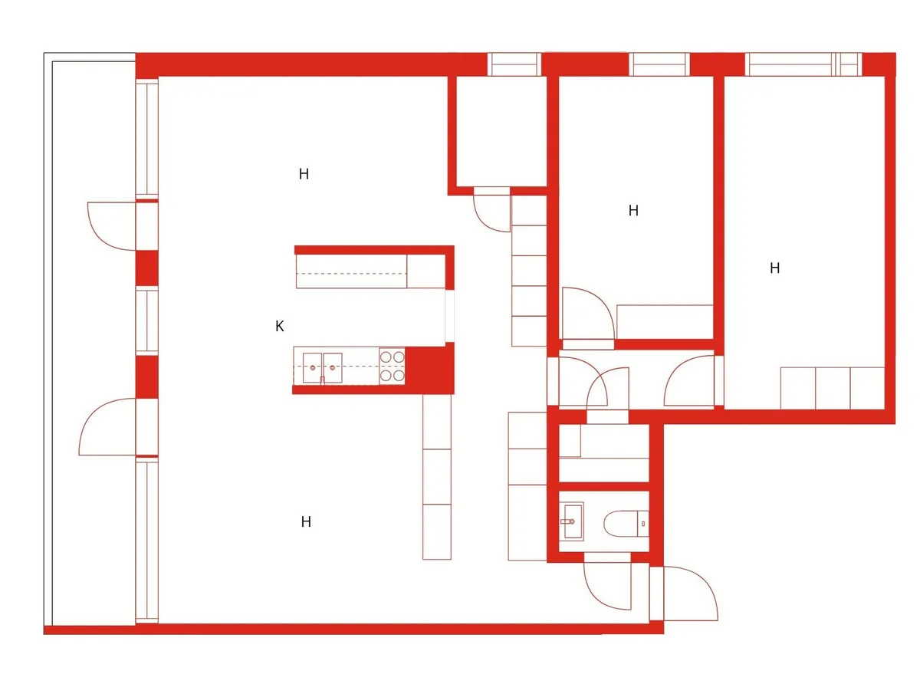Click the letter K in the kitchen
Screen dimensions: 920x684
280,326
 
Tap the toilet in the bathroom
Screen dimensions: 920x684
626,524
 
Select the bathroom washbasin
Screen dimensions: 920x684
572,521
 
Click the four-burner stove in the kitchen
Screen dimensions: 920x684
392,366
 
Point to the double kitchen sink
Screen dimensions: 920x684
322,368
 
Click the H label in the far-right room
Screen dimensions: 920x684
774,268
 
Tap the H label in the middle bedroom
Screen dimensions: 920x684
633,211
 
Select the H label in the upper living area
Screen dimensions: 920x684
304,174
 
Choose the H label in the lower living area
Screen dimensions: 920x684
306,521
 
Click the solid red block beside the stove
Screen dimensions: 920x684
429,367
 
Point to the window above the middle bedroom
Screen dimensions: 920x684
659,64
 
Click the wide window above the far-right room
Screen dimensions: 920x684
803,64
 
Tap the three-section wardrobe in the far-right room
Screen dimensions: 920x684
833,388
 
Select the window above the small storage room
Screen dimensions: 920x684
514,64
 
